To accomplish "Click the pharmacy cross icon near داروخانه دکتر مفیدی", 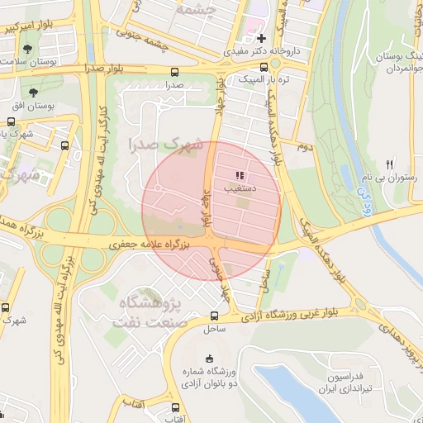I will coord(261,38).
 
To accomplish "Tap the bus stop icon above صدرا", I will coord(174,72).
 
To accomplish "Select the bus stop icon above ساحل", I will coord(216,314).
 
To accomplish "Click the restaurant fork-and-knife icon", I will coord(390,164).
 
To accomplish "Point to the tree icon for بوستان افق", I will coord(34,93).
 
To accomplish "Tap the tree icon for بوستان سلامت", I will coord(29,48).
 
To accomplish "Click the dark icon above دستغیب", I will coord(240,175).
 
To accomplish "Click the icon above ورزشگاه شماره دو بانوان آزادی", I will coord(208,358).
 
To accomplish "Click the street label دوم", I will coord(303,146).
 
